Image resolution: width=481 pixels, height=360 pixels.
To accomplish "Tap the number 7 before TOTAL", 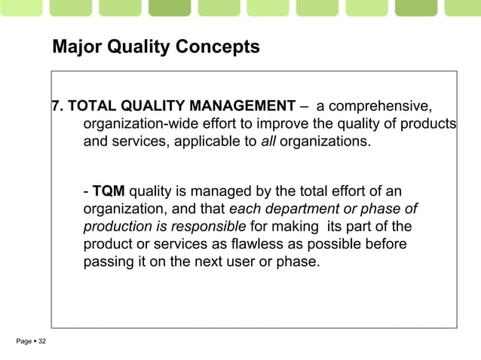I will click(x=56, y=104).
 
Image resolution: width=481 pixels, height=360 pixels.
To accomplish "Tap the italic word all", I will click(x=269, y=141).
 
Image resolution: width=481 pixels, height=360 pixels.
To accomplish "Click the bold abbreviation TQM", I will click(x=109, y=190).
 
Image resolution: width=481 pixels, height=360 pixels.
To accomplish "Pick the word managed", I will click(x=213, y=190).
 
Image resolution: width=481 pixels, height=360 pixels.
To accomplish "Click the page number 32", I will click(x=41, y=343).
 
